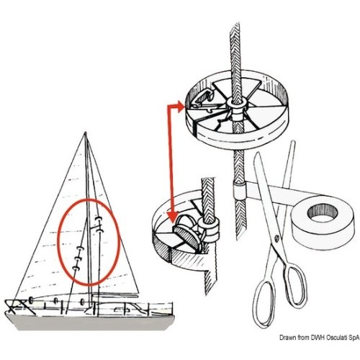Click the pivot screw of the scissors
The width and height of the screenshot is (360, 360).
[276, 238]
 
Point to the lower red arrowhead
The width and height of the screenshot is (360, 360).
[174, 217]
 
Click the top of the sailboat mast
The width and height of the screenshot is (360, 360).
[85, 132]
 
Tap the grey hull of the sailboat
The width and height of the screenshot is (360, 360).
[90, 322]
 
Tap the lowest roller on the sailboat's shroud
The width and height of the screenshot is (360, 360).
[76, 268]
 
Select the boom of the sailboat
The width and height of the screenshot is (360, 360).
[115, 293]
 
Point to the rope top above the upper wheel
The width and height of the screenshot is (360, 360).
[234, 25]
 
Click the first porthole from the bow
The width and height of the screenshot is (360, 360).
[31, 300]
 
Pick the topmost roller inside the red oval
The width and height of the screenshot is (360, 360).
[99, 218]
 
